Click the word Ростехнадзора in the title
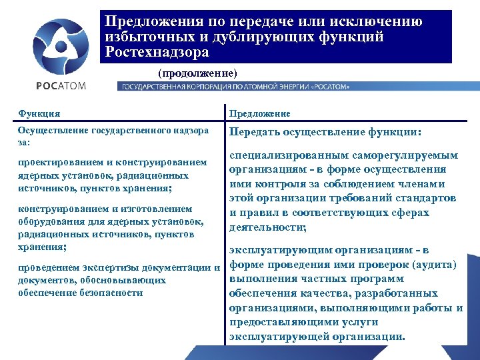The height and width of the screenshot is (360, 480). point(157,52)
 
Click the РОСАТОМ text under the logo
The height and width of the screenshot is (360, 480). point(61,85)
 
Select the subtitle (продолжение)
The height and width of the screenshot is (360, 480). point(197,71)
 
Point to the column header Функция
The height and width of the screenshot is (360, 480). point(39,113)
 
